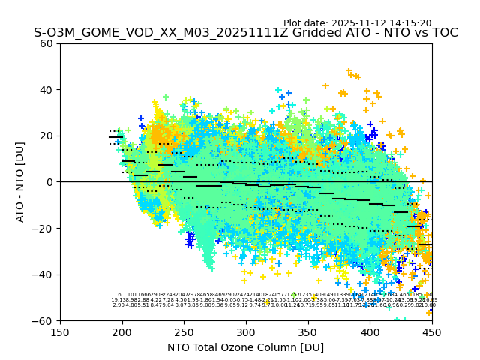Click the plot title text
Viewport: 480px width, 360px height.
[245, 33]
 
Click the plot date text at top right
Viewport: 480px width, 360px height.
[357, 23]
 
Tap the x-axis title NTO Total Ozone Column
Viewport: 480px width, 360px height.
[245, 347]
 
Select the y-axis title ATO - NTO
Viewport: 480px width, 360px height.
[20, 181]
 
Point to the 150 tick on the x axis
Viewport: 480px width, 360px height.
[60, 331]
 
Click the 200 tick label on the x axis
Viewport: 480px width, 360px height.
[122, 331]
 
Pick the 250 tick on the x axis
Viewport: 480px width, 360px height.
[184, 331]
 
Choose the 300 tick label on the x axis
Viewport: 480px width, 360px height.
[246, 331]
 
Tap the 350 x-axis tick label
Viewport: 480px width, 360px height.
[308, 331]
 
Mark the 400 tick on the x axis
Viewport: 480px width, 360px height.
[370, 331]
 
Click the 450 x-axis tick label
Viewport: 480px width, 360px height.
[432, 331]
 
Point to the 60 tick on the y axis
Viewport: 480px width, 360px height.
[46, 43]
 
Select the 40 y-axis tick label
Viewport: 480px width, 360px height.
[46, 90]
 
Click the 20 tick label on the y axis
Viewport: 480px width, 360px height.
[46, 136]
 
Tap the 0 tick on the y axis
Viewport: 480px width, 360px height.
[49, 182]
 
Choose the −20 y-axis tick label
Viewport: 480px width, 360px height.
[43, 228]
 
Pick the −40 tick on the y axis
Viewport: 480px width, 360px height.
[43, 274]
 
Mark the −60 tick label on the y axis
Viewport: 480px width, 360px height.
[43, 320]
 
